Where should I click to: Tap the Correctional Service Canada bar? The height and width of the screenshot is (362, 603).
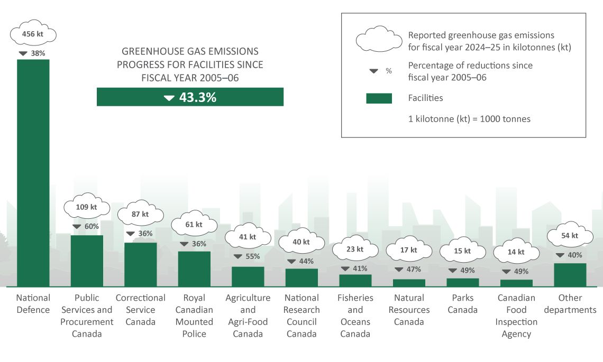tap(140, 264)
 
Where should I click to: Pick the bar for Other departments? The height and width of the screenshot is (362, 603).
tap(570, 275)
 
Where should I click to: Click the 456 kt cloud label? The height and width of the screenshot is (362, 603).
tap(33, 34)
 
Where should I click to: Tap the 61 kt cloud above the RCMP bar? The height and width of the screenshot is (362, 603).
tap(194, 225)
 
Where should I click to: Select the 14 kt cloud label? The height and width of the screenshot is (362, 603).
tap(516, 253)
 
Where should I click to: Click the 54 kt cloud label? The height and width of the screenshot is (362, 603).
tap(570, 236)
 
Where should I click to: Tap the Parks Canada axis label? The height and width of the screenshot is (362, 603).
tap(462, 304)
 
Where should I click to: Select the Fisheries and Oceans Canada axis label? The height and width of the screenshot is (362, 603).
tap(355, 315)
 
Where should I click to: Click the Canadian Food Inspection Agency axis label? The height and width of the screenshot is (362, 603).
tap(516, 315)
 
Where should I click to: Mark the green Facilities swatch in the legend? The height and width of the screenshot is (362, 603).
tap(379, 98)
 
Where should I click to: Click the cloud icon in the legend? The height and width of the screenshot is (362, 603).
tap(379, 41)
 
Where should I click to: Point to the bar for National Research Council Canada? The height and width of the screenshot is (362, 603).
tap(301, 277)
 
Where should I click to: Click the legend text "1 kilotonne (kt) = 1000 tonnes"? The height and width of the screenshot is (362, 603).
tap(469, 119)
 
